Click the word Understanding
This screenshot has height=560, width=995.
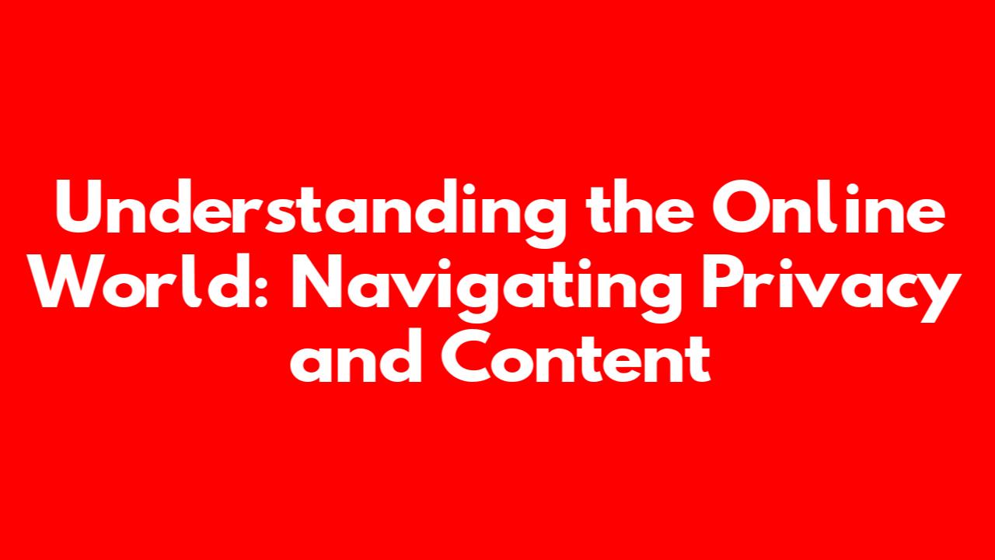pos(311,213)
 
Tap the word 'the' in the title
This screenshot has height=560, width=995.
pos(639,207)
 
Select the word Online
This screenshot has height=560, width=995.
pos(829,207)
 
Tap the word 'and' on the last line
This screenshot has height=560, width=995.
pos(356,355)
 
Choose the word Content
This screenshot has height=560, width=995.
pos(576,355)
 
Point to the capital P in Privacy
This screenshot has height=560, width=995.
pos(722,282)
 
